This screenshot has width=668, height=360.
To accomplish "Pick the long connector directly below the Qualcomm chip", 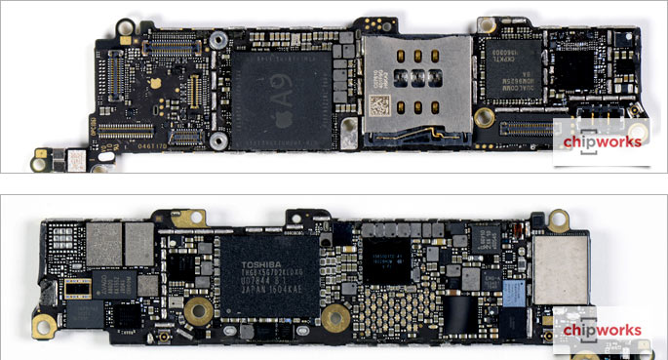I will (531, 124).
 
